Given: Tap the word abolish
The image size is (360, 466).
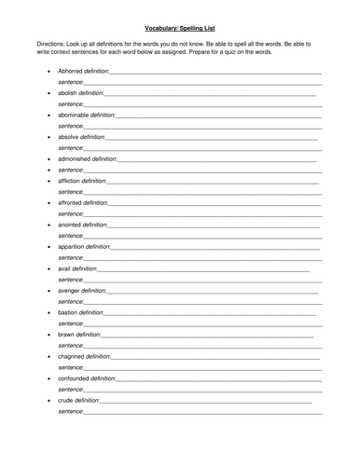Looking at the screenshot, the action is (x=67, y=93).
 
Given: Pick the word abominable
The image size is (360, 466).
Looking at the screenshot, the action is (x=72, y=115).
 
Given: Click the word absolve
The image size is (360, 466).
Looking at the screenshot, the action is (x=67, y=137).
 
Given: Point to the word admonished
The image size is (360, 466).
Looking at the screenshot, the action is (x=73, y=159).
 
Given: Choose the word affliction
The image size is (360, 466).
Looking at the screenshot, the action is (x=69, y=181).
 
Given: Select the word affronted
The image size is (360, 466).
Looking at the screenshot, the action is (x=70, y=202).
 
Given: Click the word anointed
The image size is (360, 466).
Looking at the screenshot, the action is (x=69, y=225).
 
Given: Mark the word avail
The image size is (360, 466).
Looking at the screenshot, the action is (x=63, y=268).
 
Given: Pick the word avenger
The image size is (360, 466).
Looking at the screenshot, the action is (x=68, y=290).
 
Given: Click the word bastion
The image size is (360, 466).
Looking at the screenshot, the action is (x=67, y=312).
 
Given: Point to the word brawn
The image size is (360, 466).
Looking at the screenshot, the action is (x=65, y=334).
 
